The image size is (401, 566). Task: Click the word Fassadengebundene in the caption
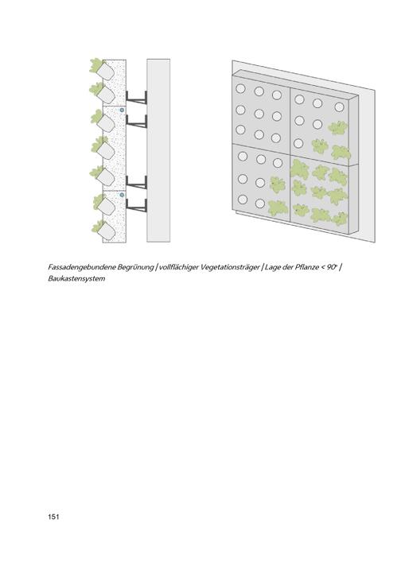[x=82, y=267]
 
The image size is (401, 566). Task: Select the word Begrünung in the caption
[x=135, y=267]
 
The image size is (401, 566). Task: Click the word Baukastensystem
[x=76, y=279]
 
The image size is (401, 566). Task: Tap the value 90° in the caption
[x=332, y=267]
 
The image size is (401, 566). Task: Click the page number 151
[x=53, y=517]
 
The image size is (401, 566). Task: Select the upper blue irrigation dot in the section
[x=122, y=110]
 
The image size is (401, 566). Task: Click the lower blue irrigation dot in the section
[x=122, y=195]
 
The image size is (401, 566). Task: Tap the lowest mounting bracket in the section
[x=136, y=205]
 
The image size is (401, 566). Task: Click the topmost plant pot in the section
[x=106, y=72]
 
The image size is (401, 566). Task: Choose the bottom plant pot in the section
[x=106, y=231]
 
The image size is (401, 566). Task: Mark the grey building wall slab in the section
[x=158, y=150]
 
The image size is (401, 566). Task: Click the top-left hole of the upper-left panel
[x=240, y=88]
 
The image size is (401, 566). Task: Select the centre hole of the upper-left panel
[x=259, y=114]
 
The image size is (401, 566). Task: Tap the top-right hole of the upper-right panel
[x=339, y=107]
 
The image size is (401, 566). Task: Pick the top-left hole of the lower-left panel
[x=243, y=157]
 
